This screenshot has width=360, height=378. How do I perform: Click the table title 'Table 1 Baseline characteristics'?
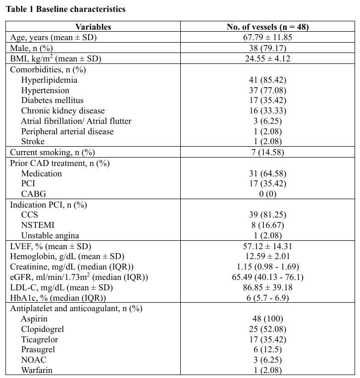point(65,9)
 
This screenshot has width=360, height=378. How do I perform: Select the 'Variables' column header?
point(93,27)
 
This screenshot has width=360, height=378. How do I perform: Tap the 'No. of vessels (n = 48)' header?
point(267,27)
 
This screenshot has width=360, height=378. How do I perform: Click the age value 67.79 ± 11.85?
point(267,38)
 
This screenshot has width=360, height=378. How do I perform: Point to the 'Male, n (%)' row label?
point(32,48)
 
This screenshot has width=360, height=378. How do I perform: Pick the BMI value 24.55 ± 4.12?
point(267,58)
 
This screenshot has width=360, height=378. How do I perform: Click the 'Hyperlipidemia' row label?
point(49,80)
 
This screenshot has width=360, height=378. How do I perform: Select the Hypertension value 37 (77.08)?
point(267,90)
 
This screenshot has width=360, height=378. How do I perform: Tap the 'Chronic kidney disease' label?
point(63,111)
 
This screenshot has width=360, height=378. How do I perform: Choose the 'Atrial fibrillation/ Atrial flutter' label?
point(76,121)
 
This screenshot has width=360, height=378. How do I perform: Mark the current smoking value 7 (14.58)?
point(267,152)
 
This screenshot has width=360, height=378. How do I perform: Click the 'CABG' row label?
point(34,194)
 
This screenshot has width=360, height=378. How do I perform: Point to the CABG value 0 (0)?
point(267,194)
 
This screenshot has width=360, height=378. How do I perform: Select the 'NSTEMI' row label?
point(38,225)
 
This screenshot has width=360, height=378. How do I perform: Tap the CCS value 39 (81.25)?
point(267,215)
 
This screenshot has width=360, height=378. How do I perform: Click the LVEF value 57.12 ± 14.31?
point(267,246)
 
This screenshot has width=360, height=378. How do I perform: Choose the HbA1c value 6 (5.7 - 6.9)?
point(267,298)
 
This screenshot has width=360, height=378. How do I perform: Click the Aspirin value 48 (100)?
point(267,319)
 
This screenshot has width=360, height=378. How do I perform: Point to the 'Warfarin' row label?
point(37,370)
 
